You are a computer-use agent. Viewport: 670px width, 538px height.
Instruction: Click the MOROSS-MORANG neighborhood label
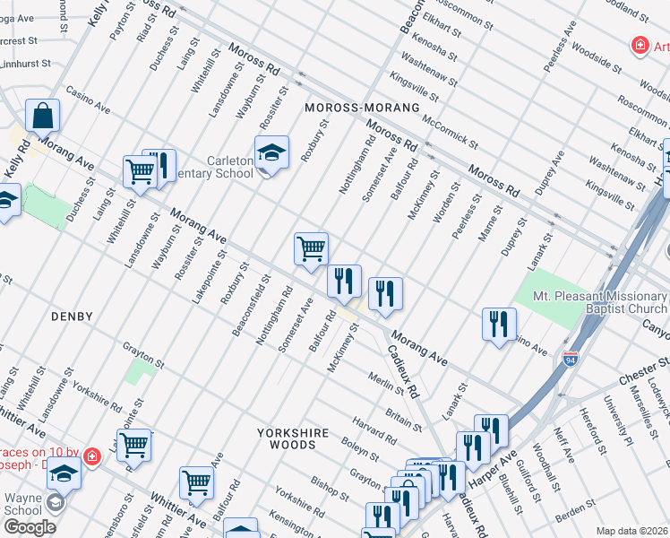coord(362,108)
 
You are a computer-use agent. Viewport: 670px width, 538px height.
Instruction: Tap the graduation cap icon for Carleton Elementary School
coord(271,153)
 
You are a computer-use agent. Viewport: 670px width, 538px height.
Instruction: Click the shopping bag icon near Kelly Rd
coord(42,116)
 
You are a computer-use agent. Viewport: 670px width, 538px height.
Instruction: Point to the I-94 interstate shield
coord(570,360)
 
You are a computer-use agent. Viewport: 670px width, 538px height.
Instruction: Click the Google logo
coord(30,527)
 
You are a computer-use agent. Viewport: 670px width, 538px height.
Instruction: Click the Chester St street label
coord(639,369)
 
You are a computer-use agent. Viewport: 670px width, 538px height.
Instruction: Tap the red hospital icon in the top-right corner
coord(640,44)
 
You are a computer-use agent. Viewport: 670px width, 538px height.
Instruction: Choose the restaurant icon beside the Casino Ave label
coord(499,325)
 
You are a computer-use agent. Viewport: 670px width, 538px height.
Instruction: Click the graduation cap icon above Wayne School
coord(64,473)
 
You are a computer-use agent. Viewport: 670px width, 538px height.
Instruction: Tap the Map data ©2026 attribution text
coord(632,531)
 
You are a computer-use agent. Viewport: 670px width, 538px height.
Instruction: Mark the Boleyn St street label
coord(361,446)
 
